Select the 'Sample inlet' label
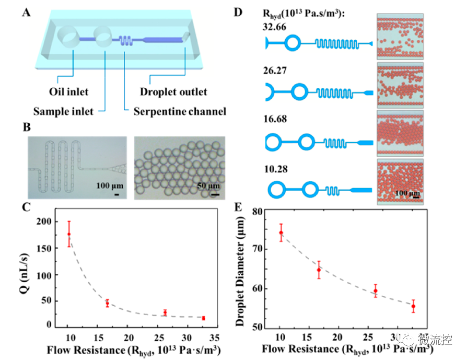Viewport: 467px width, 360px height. (x=63, y=111)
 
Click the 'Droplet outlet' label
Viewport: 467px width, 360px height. (x=173, y=92)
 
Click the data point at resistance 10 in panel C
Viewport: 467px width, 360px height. (x=68, y=234)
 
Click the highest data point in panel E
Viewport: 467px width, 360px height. (x=281, y=233)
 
